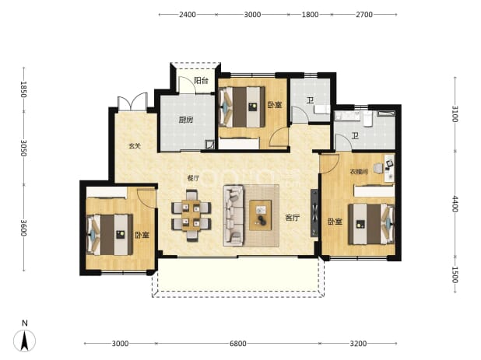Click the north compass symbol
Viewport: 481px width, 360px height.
pyautogui.click(x=25, y=337)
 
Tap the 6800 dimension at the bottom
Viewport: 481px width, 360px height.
pyautogui.click(x=238, y=344)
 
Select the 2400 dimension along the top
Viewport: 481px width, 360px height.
pyautogui.click(x=187, y=15)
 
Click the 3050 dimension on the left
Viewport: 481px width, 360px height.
pyautogui.click(x=24, y=148)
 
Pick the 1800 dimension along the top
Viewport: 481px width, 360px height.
pyautogui.click(x=310, y=15)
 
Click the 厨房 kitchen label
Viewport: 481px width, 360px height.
pyautogui.click(x=186, y=120)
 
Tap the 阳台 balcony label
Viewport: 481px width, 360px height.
pyautogui.click(x=202, y=81)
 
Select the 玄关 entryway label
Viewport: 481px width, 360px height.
pyautogui.click(x=135, y=146)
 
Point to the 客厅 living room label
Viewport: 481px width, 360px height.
pyautogui.click(x=292, y=218)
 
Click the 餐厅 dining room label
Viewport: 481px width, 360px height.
pyautogui.click(x=193, y=178)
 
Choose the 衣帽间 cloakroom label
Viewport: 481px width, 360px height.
pyautogui.click(x=359, y=172)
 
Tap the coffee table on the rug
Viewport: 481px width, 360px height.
pyautogui.click(x=261, y=215)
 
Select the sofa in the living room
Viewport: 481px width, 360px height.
pyautogui.click(x=233, y=215)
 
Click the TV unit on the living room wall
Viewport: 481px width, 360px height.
pyautogui.click(x=314, y=213)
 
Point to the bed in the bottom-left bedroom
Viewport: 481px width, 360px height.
pyautogui.click(x=110, y=235)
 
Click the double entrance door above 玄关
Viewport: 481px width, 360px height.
pyautogui.click(x=132, y=101)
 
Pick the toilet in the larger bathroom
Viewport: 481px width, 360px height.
pyautogui.click(x=368, y=118)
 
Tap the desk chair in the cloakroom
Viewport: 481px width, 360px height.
pyautogui.click(x=378, y=168)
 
